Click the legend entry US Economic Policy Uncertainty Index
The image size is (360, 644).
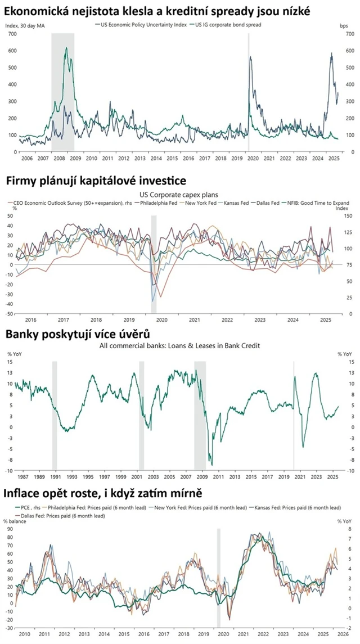143,25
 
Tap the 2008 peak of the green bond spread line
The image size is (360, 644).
66,48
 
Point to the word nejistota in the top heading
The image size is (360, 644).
110,10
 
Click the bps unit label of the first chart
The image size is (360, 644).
344,26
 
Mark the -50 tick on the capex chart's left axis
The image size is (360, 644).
8,314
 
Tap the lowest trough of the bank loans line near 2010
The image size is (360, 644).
211,465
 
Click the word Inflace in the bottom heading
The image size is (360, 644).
23,493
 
